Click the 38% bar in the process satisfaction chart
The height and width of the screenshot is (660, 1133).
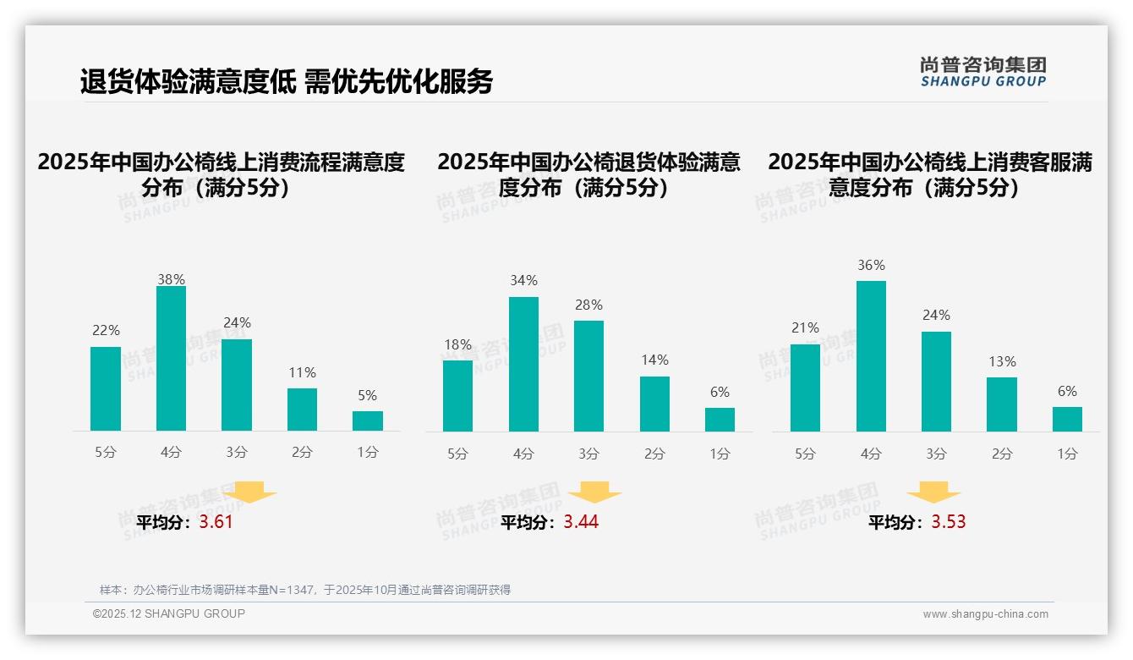click(x=171, y=359)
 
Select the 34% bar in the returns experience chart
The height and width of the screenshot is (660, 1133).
click(x=523, y=364)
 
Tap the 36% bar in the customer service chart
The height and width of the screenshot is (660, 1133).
click(x=871, y=356)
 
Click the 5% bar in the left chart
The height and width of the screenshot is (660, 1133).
click(x=368, y=421)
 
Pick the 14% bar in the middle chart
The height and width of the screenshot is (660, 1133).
click(x=654, y=404)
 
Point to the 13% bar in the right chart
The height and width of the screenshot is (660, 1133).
click(x=1002, y=404)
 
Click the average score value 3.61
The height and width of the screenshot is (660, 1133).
click(x=216, y=522)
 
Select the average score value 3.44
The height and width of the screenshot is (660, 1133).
click(x=581, y=522)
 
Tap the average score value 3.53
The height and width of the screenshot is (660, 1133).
click(x=949, y=522)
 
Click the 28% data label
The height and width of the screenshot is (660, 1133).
click(x=588, y=305)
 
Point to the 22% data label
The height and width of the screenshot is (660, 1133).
click(x=106, y=331)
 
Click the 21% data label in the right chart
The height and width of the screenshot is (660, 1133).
click(x=805, y=328)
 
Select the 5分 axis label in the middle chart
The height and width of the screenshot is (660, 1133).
click(x=457, y=454)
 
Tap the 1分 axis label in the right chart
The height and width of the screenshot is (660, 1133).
click(x=1067, y=454)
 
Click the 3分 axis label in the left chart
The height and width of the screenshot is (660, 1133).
click(x=237, y=453)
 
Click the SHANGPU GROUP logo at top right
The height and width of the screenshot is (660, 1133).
click(x=982, y=72)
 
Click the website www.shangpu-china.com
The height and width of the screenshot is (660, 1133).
click(x=985, y=614)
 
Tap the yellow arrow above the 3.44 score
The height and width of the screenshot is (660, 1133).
click(x=594, y=492)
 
